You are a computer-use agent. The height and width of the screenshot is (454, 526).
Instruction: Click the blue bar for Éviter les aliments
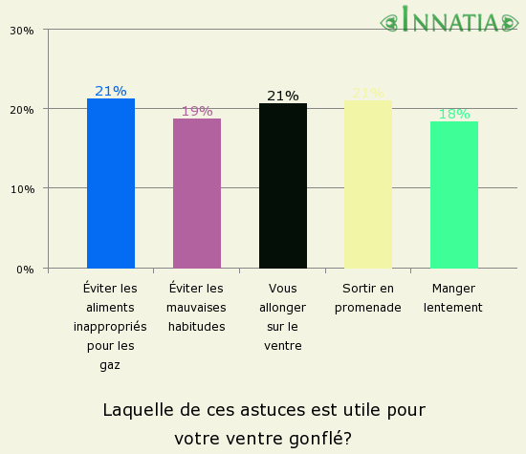[111, 184]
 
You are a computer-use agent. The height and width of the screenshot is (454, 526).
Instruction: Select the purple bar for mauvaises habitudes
[197, 193]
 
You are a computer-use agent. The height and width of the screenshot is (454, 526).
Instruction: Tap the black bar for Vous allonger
[283, 185]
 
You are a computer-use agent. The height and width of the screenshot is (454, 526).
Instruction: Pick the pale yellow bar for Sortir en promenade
[368, 184]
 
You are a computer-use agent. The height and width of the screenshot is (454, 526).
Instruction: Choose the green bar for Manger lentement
[454, 195]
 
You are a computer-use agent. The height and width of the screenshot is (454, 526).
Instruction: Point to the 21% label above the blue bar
[111, 91]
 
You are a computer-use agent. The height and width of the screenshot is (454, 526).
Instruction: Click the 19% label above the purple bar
[197, 111]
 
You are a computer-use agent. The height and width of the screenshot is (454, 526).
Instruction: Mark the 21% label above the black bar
[283, 96]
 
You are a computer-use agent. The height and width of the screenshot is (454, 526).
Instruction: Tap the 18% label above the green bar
[454, 114]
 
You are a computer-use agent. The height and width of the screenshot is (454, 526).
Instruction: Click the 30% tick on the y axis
[22, 30]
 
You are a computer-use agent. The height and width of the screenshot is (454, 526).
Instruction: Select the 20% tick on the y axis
[22, 109]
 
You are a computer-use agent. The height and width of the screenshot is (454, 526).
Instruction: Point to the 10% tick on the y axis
[22, 188]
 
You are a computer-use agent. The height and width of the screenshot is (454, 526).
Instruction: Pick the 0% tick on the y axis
[25, 269]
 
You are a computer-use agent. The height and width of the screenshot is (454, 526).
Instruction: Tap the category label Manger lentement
[453, 297]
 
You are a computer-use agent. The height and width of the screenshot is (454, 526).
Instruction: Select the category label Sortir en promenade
[368, 297]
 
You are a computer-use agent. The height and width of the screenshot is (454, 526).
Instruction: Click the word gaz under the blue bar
[111, 364]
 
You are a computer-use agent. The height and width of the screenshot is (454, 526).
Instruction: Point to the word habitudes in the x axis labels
[197, 326]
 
